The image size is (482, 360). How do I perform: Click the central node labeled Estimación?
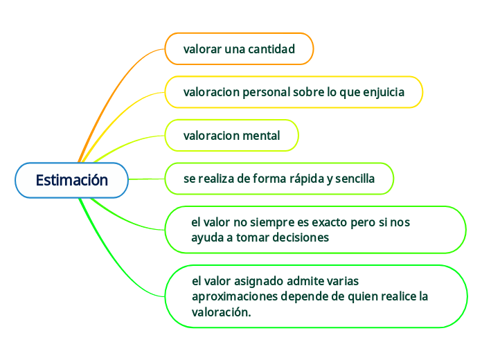tap(71, 180)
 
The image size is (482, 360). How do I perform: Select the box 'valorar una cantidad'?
tap(239, 49)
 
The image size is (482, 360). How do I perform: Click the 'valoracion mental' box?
tap(231, 136)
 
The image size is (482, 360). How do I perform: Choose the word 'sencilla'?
tap(355, 179)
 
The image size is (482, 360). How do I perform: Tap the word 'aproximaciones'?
tap(234, 296)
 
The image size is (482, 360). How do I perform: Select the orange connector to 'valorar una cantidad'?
tap(118, 76)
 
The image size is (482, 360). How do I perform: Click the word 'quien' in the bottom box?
tap(372, 296)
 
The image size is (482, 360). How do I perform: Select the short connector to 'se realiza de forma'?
tap(147, 179)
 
